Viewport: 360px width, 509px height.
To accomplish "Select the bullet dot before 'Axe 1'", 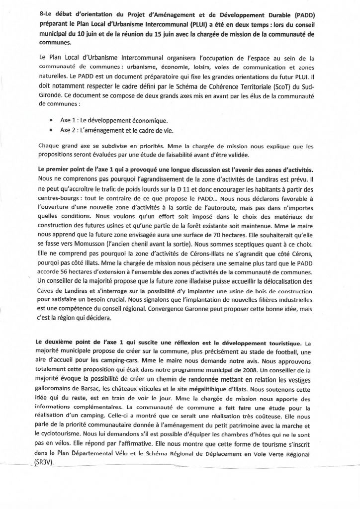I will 52,121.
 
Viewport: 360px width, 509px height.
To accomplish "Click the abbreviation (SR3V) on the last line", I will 48,460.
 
